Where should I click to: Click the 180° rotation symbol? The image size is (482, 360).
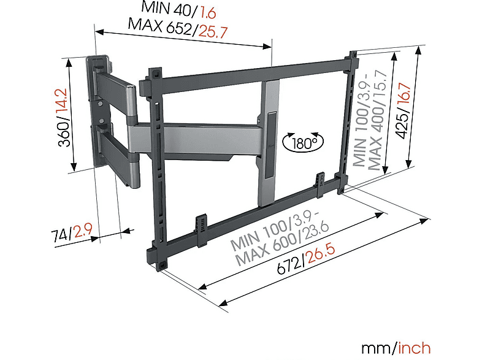303,142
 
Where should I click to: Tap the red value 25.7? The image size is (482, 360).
213,31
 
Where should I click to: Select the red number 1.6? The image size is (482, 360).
208,13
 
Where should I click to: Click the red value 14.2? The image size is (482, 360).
63,102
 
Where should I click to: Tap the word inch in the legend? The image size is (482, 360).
414,348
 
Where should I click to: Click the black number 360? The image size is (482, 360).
64,133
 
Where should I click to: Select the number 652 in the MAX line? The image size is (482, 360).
179,28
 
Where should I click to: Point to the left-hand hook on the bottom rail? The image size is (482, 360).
202,229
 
